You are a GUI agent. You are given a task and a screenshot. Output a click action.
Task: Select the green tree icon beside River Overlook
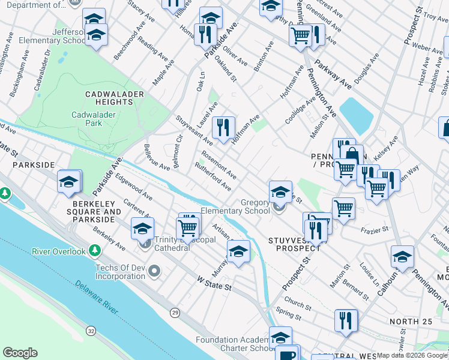tap(94, 250)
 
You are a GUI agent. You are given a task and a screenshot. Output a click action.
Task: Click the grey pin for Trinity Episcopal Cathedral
tap(144, 244)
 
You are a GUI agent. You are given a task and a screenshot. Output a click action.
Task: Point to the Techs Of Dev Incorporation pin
tap(155, 271)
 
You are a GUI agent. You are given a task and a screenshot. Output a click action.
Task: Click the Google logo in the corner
tap(20, 353)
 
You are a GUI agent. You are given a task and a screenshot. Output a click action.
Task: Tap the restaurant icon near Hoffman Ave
tap(223, 127)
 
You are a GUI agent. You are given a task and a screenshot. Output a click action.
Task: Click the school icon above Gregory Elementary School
tap(280, 192)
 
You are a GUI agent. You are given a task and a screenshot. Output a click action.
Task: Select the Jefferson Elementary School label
tap(55, 36)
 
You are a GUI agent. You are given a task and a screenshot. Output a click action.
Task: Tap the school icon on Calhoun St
tap(402, 257)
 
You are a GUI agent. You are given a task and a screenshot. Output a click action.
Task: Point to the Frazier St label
tap(375, 229)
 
